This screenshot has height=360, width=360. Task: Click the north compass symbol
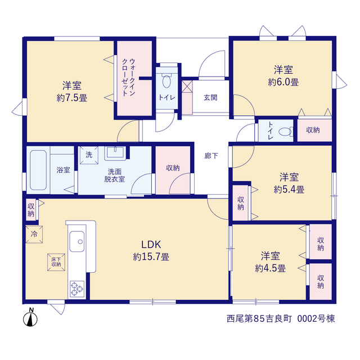coord(30,317)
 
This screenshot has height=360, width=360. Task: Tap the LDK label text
coord(151,245)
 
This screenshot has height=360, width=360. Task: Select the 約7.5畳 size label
coord(72,98)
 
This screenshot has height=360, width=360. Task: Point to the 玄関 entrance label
coord(210,97)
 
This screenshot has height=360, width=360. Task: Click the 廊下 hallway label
coord(211,156)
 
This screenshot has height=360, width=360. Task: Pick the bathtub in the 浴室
coord(38,170)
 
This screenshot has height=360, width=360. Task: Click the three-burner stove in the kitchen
coord(77,289)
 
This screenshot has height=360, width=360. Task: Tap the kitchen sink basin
coord(77,241)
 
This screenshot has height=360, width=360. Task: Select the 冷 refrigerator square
coord(34,234)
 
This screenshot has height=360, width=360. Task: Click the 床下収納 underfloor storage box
coord(56,262)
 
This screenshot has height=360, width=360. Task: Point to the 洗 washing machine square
coord(89,155)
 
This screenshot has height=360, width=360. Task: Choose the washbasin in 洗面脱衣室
coord(115,153)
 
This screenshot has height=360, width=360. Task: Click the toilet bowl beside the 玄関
coord(166,80)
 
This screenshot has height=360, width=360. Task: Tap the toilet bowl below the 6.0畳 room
coord(286,132)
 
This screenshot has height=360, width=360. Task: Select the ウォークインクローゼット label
coord(129,78)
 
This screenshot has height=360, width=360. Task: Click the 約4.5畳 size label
coord(270,268)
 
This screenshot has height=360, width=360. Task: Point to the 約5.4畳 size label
coord(289,190)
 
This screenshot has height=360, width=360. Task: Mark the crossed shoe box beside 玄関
coord(187,86)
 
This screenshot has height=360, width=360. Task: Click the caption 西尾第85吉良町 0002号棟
coord(281,319)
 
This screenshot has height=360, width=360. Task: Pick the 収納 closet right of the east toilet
coord(315,130)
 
